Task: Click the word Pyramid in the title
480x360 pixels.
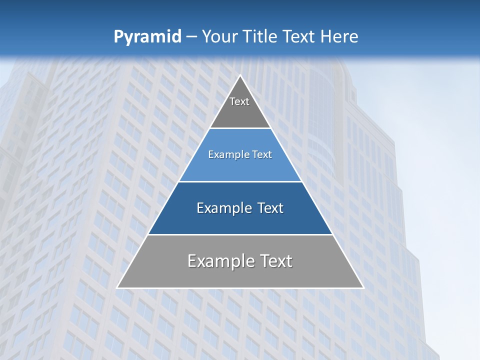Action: click(147, 37)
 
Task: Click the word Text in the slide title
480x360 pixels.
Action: click(299, 37)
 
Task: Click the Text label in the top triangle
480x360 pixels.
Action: click(239, 101)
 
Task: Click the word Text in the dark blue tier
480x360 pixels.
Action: click(270, 208)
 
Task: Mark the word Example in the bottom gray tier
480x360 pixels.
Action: click(220, 261)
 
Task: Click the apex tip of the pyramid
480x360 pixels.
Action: click(240, 76)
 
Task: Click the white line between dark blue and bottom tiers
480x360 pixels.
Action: click(240, 234)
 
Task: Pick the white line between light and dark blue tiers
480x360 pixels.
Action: click(240, 181)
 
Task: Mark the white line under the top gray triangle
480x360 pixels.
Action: click(240, 128)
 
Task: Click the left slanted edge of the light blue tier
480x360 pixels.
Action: click(194, 155)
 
